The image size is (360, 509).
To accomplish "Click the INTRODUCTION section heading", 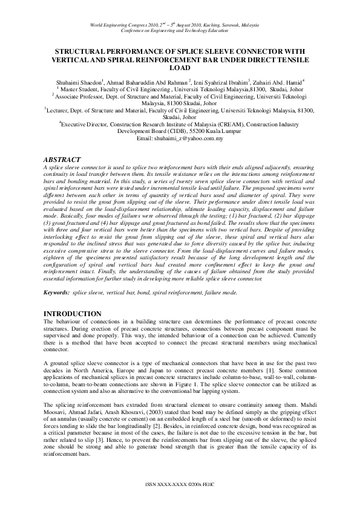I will point(73,314).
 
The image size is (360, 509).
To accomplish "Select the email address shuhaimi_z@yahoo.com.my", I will point(189,138).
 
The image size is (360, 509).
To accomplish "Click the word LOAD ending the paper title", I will point(180,69).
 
